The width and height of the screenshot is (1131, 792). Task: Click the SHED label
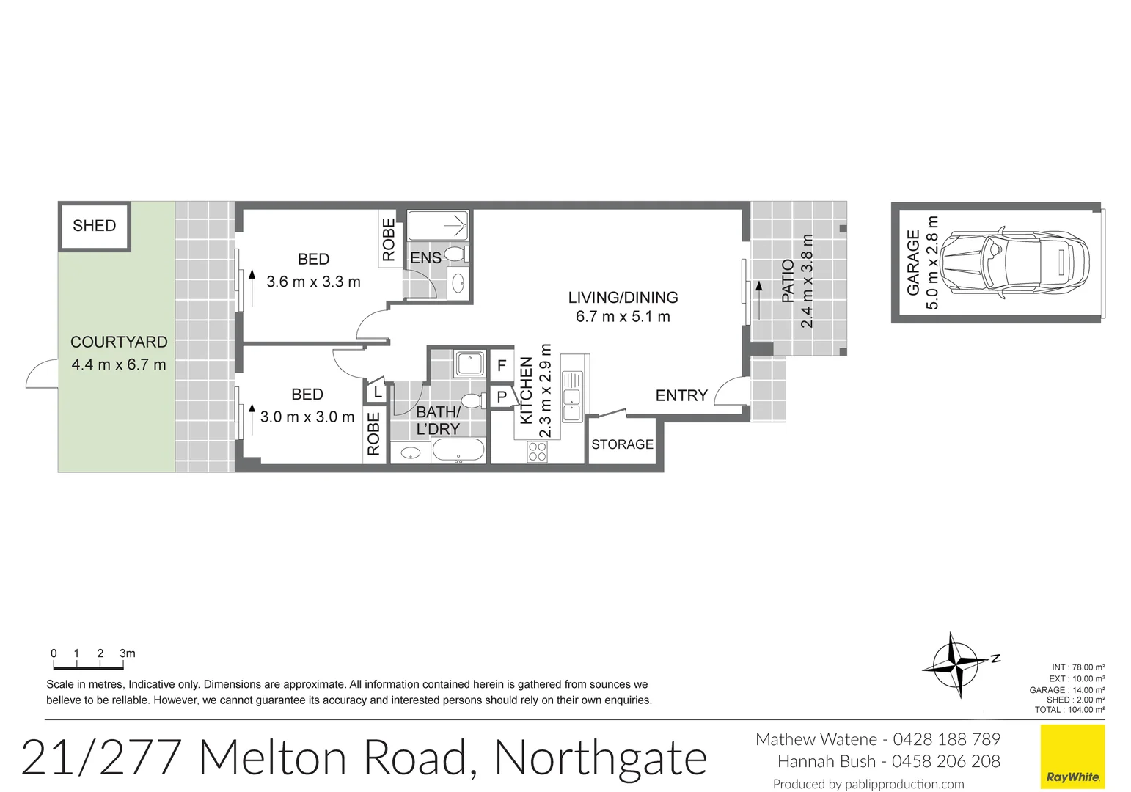point(94,226)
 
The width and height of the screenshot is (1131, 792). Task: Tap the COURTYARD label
point(119,342)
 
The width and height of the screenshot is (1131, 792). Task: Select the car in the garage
point(1015,261)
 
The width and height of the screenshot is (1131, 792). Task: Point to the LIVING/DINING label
point(623,298)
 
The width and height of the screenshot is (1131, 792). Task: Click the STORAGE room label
point(622,444)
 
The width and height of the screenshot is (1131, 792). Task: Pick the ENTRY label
point(681,396)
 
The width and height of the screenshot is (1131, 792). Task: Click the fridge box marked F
point(502,365)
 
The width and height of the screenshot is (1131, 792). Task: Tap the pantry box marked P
point(502,397)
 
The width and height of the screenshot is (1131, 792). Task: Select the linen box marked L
point(377,392)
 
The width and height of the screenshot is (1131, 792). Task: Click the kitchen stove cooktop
point(537,452)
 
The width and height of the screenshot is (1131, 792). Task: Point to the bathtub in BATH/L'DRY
point(458,450)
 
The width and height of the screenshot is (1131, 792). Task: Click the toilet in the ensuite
point(456,254)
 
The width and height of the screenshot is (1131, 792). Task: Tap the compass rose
point(956,664)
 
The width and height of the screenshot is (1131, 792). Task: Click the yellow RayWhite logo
point(1072,757)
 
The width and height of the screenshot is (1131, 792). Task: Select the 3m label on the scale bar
point(128,653)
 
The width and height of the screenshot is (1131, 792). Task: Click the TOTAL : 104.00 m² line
point(1069,710)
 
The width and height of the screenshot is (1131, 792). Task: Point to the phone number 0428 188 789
point(946,739)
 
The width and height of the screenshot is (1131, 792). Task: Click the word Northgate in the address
point(601,758)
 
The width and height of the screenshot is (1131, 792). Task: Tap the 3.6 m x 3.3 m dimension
point(313,282)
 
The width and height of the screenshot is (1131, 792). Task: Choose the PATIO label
point(788,280)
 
